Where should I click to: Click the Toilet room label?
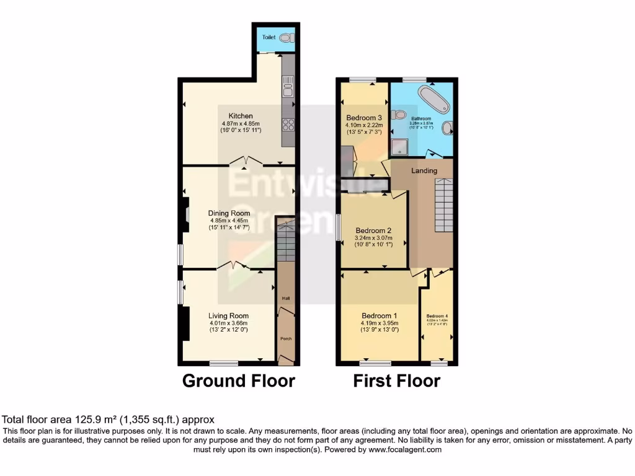click(x=269, y=37)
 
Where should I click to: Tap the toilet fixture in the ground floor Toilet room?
click(x=285, y=38)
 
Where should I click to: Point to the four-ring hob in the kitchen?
click(x=288, y=125)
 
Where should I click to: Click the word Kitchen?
click(x=241, y=116)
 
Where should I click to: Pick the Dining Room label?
click(x=229, y=213)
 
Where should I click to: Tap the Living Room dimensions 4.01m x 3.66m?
click(x=228, y=322)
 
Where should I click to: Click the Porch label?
click(x=286, y=338)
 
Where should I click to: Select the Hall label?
click(x=286, y=299)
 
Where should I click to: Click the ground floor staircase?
click(x=285, y=242)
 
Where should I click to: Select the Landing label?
click(x=424, y=170)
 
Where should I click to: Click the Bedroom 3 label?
click(x=364, y=118)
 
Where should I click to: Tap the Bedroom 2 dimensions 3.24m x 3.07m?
click(x=373, y=238)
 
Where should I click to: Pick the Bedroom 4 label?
click(x=437, y=316)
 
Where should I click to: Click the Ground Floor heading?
click(x=238, y=381)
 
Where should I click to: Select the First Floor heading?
click(x=397, y=381)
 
